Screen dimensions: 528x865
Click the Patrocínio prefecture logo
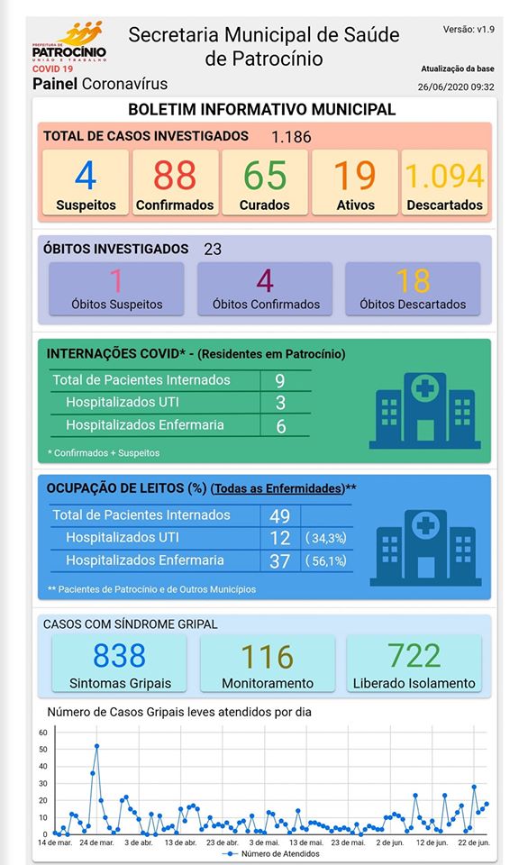69,46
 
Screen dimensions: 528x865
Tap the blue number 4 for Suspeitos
86,176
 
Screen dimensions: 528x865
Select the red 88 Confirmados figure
174,176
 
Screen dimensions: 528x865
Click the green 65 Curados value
265,176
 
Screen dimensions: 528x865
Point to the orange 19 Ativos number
355,176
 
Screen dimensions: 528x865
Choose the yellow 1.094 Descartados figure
445,176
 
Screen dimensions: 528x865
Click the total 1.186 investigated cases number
291,137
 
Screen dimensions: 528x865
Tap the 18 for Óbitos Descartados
413,281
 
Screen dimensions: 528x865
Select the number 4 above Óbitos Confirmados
265,281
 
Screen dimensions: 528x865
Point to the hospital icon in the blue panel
425,548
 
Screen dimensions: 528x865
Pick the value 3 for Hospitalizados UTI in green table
280,403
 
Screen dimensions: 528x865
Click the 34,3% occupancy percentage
326,538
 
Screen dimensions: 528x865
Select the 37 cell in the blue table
279,561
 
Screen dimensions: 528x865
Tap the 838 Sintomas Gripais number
119,655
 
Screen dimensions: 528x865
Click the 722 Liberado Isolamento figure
414,655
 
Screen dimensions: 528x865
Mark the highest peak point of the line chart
97,746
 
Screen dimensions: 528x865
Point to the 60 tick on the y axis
43,733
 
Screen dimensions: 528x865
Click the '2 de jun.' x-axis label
390,842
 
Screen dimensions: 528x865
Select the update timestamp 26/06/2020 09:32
456,86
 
